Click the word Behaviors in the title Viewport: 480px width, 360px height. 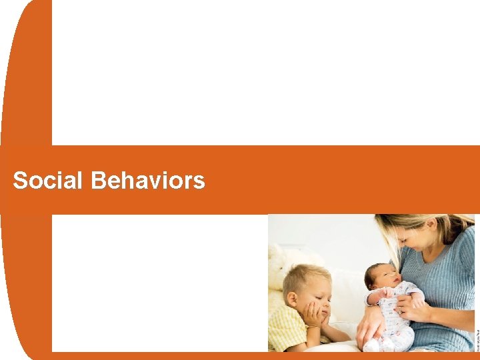click(x=148, y=181)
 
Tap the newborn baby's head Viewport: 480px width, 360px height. click(x=377, y=273)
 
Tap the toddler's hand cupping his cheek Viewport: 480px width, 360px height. click(x=314, y=315)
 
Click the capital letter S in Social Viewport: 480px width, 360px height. click(x=21, y=181)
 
